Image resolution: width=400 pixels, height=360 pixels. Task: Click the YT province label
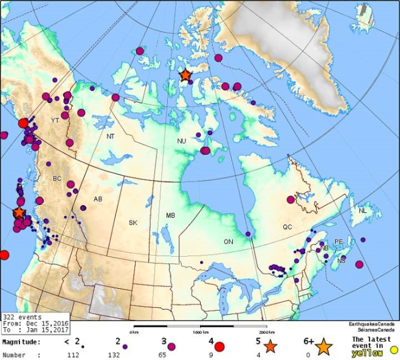point(55,120)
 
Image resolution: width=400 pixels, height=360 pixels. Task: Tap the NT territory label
point(110,137)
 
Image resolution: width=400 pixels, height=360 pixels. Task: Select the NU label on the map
point(181,141)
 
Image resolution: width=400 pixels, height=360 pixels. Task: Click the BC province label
point(57,179)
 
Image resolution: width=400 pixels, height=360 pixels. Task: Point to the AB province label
point(98,199)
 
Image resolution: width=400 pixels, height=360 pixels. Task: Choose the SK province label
point(133,223)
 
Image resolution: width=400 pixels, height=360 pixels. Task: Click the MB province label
point(170,216)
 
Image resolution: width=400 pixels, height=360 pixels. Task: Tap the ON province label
point(228,242)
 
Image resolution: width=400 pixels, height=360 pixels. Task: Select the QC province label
point(288,227)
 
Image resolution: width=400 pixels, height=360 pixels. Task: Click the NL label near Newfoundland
point(363,211)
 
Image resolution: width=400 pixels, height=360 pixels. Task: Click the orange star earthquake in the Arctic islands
point(185,75)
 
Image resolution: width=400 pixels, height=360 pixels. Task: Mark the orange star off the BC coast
point(19,212)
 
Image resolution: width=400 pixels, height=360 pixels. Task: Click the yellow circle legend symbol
point(393,350)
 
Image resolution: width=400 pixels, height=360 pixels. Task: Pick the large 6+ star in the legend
point(323,347)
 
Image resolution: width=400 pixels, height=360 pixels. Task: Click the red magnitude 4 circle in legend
point(219,347)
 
